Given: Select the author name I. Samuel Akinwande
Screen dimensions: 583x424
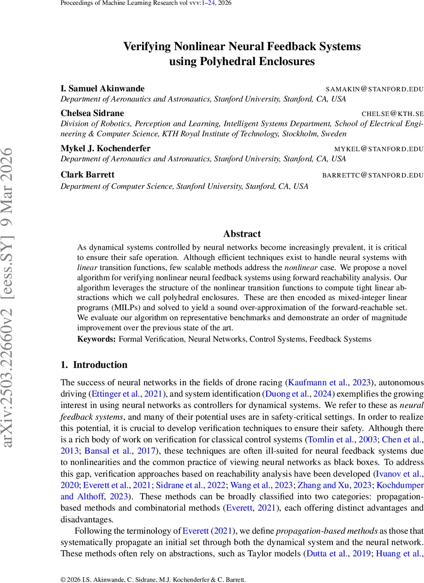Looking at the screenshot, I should [102, 88].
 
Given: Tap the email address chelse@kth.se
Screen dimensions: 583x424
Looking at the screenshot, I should [392, 114].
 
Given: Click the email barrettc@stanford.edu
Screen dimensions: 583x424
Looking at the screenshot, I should [373, 175].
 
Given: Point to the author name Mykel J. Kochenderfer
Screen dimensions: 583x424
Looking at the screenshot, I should [105, 148].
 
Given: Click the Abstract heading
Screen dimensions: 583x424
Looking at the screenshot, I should [242, 234].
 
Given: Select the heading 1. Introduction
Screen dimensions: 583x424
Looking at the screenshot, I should [94, 365].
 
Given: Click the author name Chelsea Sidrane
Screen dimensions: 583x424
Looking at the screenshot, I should [92, 113].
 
